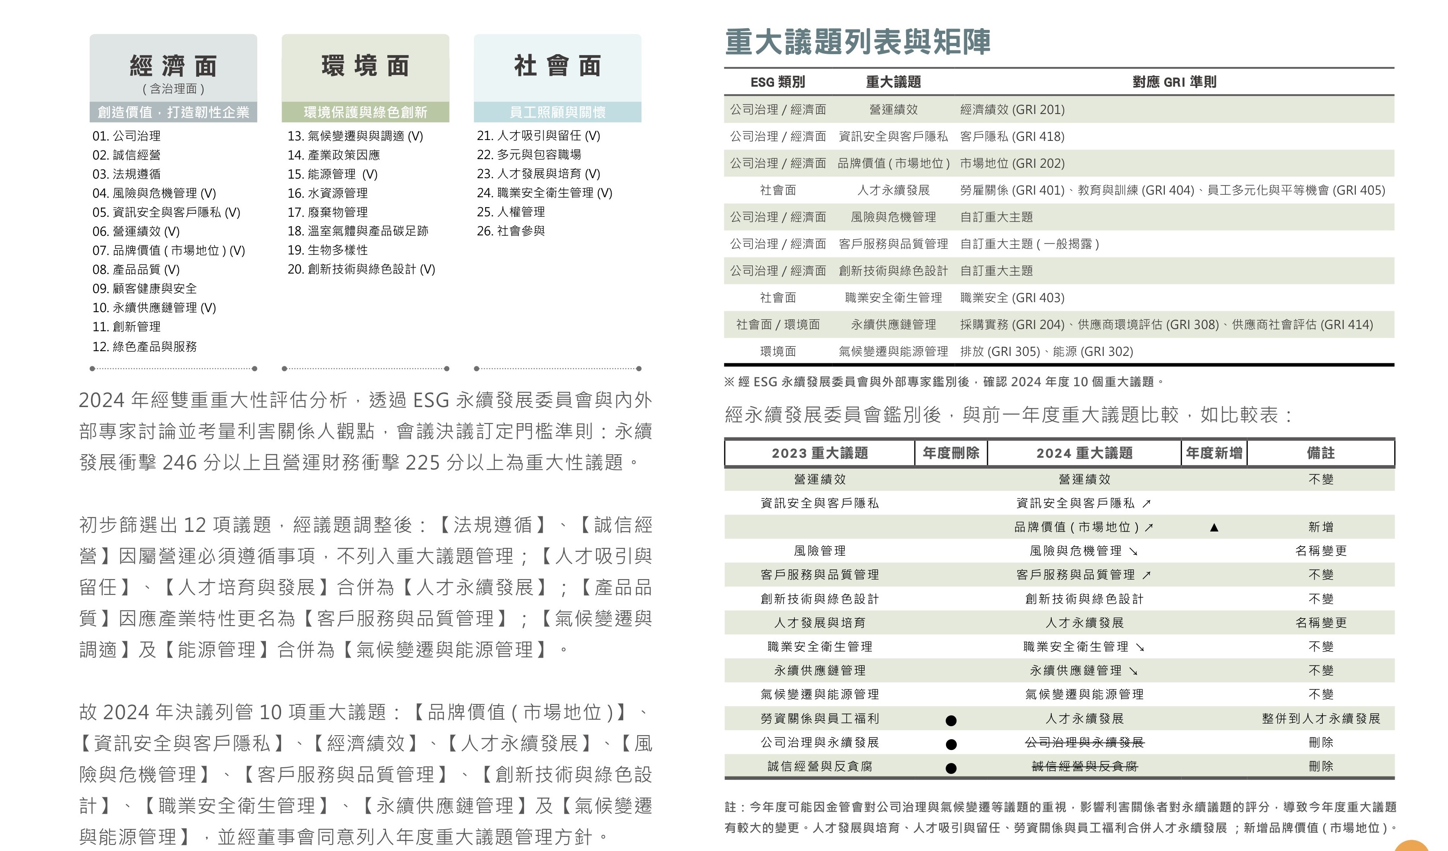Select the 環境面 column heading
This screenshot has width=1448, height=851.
366,66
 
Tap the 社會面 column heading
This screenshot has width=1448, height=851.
557,66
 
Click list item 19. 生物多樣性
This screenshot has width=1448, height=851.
327,250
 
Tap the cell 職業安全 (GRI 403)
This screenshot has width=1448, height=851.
1012,298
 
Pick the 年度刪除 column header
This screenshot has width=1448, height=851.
951,453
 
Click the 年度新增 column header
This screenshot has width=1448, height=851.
1214,453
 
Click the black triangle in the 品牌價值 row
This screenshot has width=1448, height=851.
1214,527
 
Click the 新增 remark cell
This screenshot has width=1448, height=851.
1320,527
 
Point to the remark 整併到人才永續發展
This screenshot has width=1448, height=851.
1320,719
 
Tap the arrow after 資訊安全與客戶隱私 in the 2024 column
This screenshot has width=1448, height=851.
1147,504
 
